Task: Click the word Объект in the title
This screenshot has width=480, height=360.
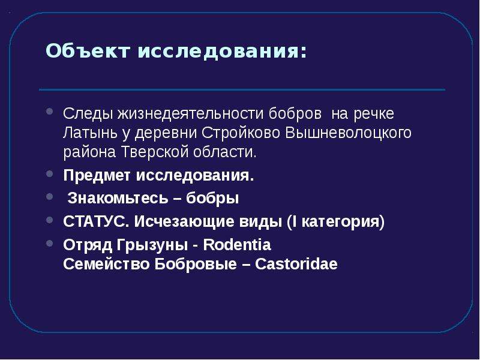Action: [88, 50]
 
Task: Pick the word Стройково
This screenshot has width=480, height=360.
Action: [241, 133]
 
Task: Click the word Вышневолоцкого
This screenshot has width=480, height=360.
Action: [349, 133]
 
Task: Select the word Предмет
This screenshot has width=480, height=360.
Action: [97, 176]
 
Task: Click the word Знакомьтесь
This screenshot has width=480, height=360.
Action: [118, 198]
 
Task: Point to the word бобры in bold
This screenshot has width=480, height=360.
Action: [212, 198]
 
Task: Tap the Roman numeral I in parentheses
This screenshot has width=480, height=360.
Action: [295, 221]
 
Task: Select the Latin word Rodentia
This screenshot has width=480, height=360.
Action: [237, 245]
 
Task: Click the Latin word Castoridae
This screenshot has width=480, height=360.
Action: [296, 264]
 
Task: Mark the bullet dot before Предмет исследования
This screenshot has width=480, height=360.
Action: [50, 174]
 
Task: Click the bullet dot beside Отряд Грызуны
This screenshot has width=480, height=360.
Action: [50, 243]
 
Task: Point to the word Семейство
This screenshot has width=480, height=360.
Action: [106, 264]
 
